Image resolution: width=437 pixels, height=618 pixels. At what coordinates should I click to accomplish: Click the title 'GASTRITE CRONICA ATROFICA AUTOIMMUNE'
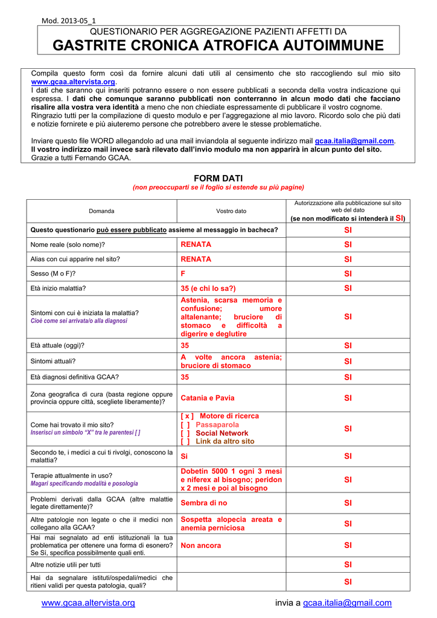tap(218, 45)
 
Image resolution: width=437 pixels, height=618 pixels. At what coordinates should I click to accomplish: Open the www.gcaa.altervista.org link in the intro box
tap(73, 81)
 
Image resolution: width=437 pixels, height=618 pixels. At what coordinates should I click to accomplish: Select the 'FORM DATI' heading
tap(218, 178)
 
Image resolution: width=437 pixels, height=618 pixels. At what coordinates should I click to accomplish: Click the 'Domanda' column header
tap(101, 211)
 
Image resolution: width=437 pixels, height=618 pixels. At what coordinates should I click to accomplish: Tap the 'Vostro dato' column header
tap(231, 211)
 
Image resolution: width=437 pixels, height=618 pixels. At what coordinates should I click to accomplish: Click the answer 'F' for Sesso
tap(183, 273)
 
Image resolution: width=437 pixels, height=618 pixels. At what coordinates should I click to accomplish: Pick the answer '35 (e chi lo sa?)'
tap(208, 288)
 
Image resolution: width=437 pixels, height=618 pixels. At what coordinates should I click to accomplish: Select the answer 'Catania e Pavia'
tap(208, 398)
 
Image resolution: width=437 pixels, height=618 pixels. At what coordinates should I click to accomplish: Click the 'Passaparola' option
tap(217, 425)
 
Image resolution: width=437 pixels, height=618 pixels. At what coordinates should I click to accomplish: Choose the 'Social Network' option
tap(222, 433)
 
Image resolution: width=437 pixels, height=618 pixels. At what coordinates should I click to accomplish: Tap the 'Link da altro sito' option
tap(225, 442)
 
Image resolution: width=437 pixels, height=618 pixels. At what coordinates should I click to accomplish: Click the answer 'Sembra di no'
tap(204, 503)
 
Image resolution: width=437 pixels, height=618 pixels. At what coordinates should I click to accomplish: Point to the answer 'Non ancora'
tap(201, 546)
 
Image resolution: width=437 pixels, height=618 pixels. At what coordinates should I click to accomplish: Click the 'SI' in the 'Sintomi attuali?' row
tap(348, 362)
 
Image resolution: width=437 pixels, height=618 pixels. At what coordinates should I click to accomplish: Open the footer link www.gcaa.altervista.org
tap(88, 603)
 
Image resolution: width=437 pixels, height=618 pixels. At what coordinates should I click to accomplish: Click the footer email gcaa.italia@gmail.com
tap(347, 603)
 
